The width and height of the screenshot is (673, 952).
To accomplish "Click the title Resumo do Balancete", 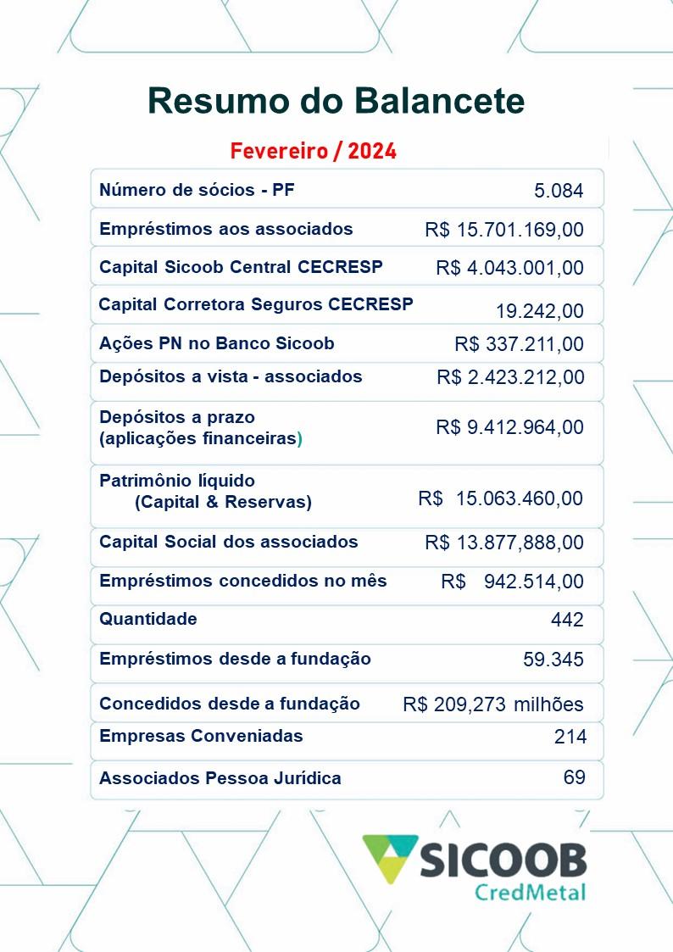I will click(x=336, y=101).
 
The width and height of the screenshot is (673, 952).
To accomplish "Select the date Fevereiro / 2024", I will click(x=313, y=152).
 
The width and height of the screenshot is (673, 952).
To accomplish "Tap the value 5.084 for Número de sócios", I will click(x=559, y=191).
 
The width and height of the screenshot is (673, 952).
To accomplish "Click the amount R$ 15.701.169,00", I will click(x=503, y=230).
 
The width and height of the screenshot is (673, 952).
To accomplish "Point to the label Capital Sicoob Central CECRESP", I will click(x=241, y=267).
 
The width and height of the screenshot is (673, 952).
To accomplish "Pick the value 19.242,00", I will click(x=539, y=311).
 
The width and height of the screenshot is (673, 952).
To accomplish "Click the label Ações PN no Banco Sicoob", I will click(x=216, y=343).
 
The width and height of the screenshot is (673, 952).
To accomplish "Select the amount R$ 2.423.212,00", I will click(x=509, y=377).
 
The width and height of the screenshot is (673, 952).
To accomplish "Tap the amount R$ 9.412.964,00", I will click(x=509, y=427).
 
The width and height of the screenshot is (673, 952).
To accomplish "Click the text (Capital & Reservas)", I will click(x=223, y=502).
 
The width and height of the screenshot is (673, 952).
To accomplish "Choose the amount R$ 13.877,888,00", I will click(x=503, y=543).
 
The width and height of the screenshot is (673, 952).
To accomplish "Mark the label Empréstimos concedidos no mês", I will click(x=242, y=581).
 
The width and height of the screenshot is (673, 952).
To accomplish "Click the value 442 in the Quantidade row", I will click(x=567, y=620).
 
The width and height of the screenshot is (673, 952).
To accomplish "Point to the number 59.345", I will click(x=553, y=659).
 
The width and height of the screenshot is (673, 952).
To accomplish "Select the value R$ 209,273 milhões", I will click(x=492, y=704).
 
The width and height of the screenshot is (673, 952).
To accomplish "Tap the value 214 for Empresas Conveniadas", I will click(x=570, y=737).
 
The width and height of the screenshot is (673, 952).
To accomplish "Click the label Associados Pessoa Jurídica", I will click(x=220, y=777).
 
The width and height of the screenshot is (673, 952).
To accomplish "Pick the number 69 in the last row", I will click(x=574, y=777).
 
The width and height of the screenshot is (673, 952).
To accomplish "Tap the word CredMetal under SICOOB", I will click(x=530, y=892).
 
